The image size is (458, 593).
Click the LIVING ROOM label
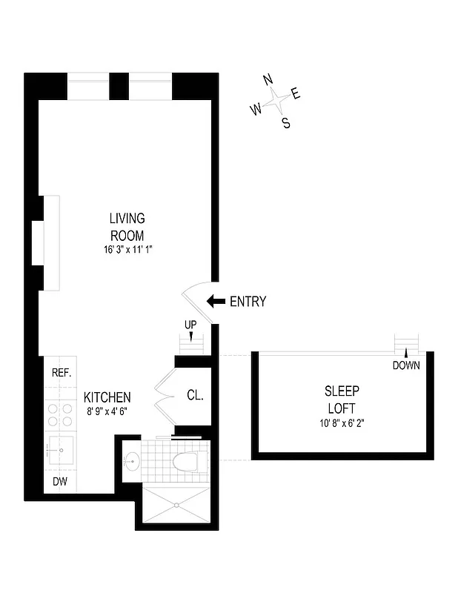coord(127,227)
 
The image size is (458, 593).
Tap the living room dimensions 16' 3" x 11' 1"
coord(127,250)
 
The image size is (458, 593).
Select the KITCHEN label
coord(107,397)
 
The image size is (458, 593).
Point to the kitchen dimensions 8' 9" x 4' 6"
coord(107,411)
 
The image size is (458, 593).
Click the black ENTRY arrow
coord(216,301)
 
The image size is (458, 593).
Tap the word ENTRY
coord(248,302)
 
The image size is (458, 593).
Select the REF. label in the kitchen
coord(61,373)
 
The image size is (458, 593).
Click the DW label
coord(59,482)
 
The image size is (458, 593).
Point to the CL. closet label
coord(195,396)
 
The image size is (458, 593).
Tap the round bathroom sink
coord(132,462)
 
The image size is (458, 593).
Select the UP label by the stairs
coord(191,325)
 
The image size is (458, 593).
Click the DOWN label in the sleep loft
coord(406,365)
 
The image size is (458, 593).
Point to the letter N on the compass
coord(268,80)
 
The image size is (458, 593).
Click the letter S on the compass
coord(286,124)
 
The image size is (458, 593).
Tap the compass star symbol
coord(276,100)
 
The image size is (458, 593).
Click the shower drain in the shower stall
coord(177,506)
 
